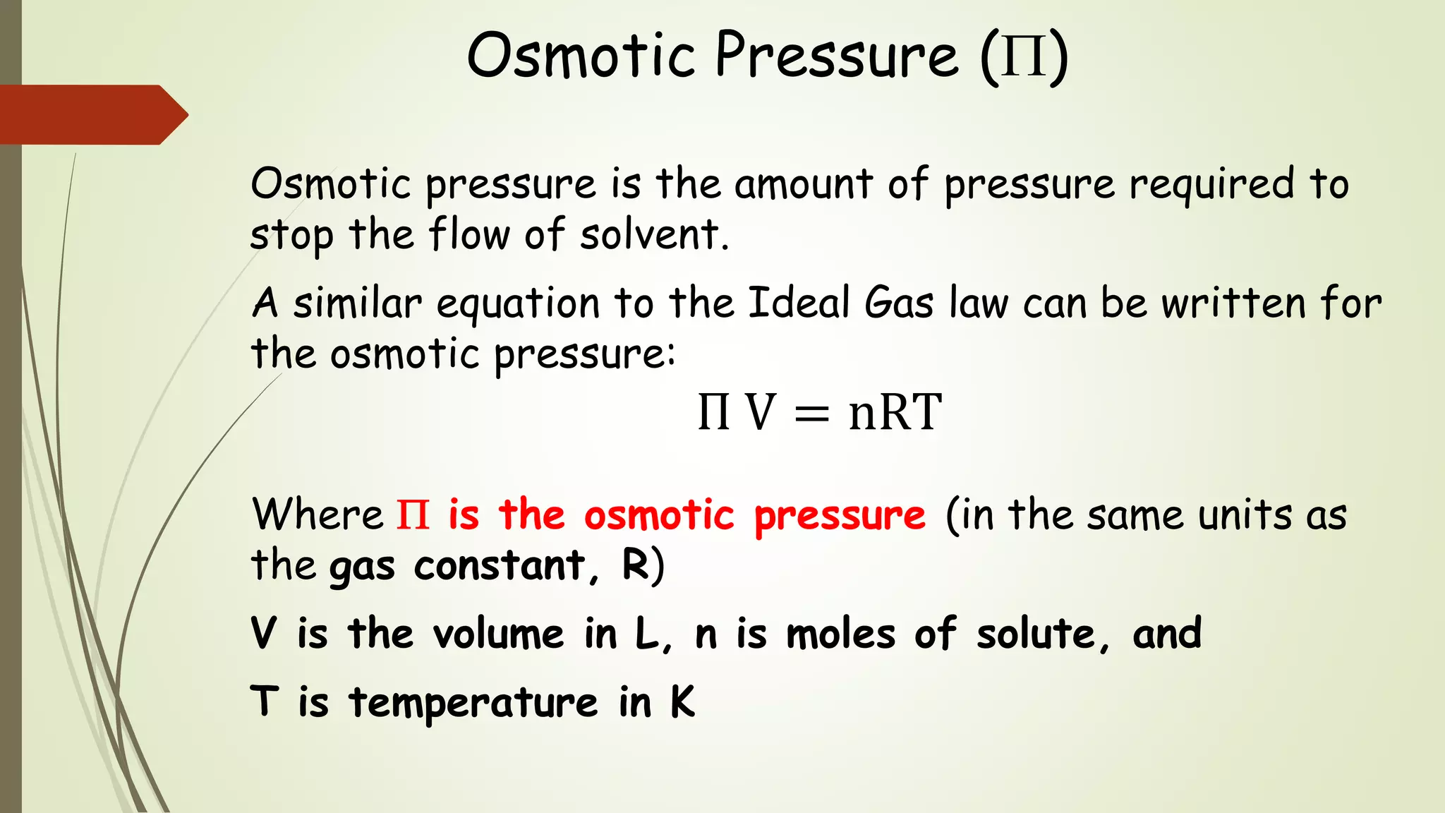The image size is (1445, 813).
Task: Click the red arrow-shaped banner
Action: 92,114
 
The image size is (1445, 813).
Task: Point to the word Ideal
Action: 799,303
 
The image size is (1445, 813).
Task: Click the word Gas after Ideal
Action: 899,303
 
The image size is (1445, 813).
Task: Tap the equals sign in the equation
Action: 811,414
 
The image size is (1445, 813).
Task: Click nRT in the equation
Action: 895,412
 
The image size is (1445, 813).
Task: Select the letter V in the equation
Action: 761,412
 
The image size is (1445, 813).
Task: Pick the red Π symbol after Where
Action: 413,514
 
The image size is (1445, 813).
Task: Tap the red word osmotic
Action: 659,514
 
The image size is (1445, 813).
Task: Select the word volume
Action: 498,633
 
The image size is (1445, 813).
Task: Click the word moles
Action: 841,633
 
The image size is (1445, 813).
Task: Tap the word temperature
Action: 473,703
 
